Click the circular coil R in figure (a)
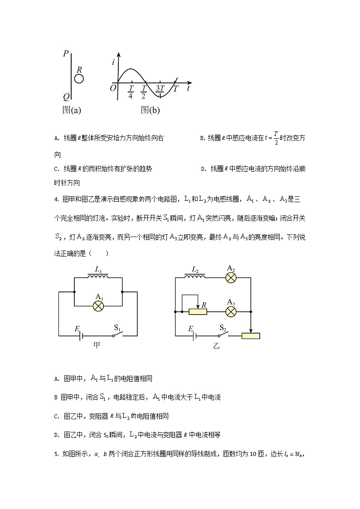coord(79,79)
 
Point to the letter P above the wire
coord(66,54)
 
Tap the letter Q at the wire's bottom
coord(66,97)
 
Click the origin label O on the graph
coord(113,88)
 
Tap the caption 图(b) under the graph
coord(150,110)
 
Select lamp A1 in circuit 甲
coord(98,305)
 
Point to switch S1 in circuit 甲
coord(119,334)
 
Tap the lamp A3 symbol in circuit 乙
coord(231,312)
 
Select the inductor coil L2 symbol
coord(195,276)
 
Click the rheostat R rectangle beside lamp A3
coord(197,312)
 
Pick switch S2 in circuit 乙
coord(223,334)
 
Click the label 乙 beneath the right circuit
coord(216,346)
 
